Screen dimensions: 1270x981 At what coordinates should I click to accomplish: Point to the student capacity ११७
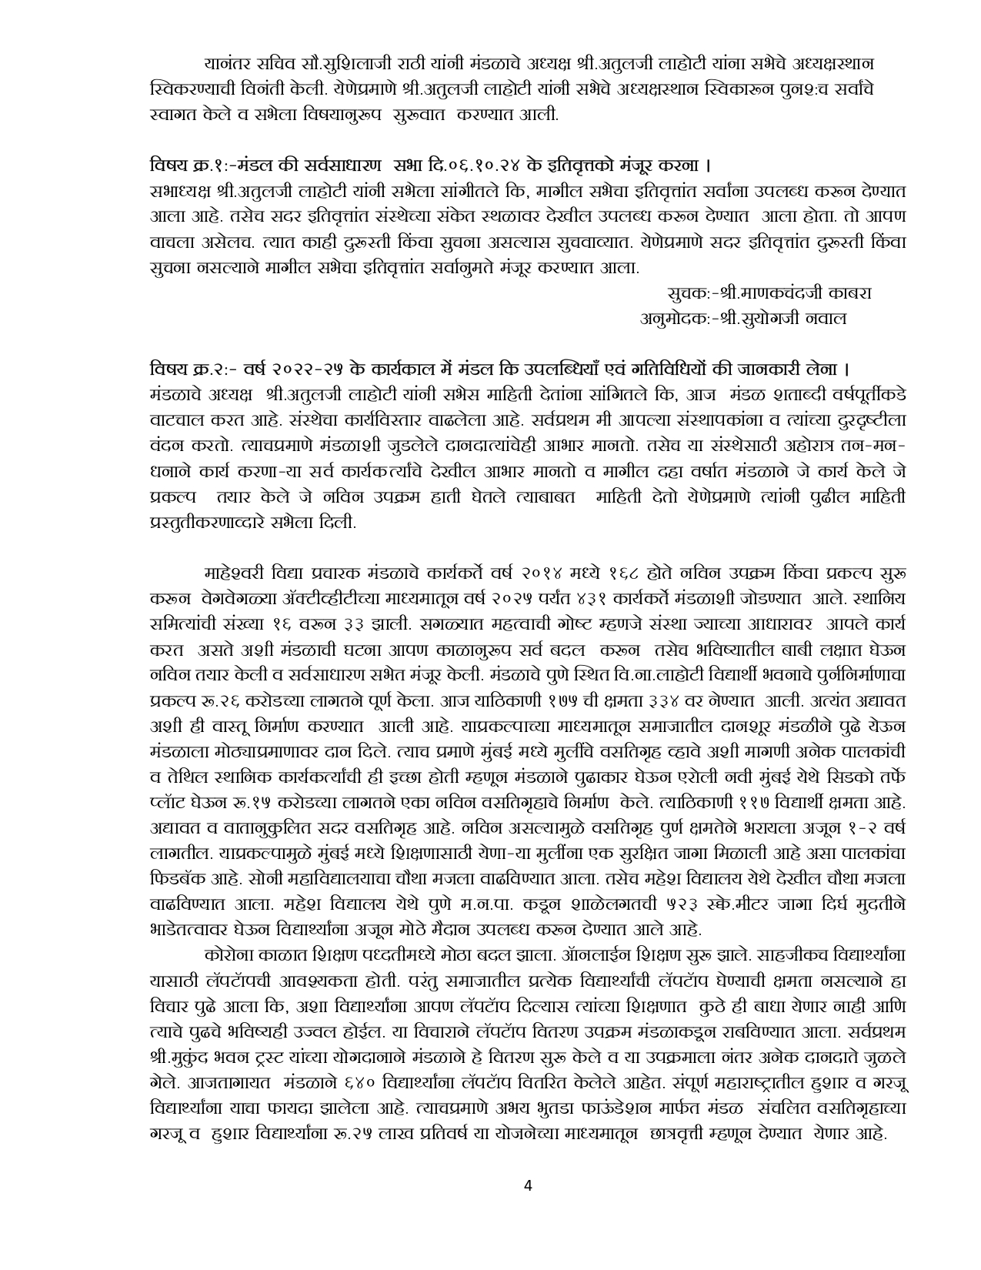736,801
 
